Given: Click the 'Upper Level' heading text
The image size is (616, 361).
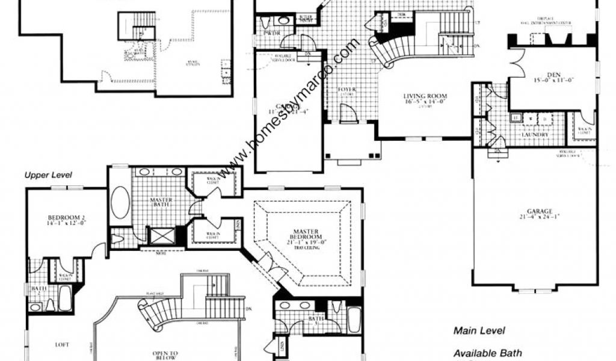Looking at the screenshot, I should click(48, 176).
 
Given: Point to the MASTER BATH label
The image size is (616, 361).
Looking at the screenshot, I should click(161, 203).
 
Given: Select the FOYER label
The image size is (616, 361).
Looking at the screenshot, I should click(347, 90).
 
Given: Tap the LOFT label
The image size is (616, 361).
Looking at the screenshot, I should click(61, 345).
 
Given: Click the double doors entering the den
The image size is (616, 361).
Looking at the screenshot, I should click(516, 64).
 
